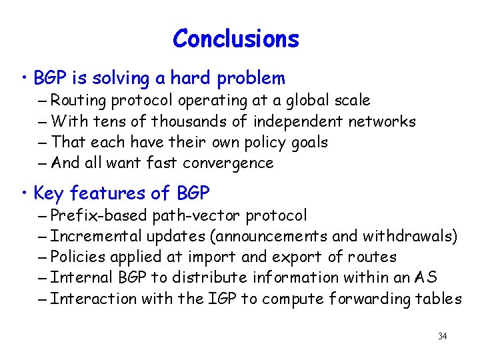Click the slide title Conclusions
click(236, 39)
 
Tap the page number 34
click(442, 336)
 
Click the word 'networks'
click(383, 121)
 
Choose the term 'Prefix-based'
click(99, 215)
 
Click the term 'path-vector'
click(197, 215)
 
